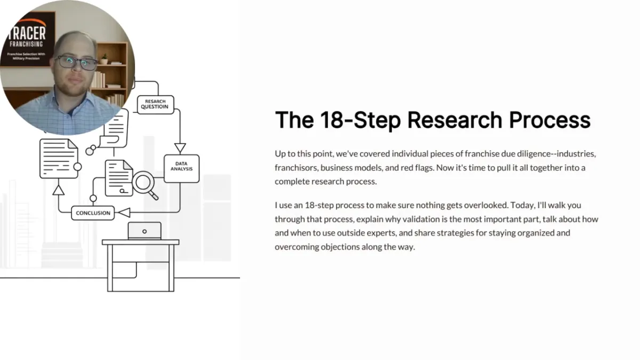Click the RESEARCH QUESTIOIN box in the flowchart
pos(154,104)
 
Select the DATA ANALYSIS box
pos(181,168)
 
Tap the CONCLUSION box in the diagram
pos(93,213)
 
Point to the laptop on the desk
pos(144,230)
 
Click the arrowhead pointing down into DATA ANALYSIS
pos(180,148)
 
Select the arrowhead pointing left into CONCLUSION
pos(124,213)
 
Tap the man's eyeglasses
pos(77,62)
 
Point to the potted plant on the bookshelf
pos(104,59)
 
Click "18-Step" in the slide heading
pos(361,120)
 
